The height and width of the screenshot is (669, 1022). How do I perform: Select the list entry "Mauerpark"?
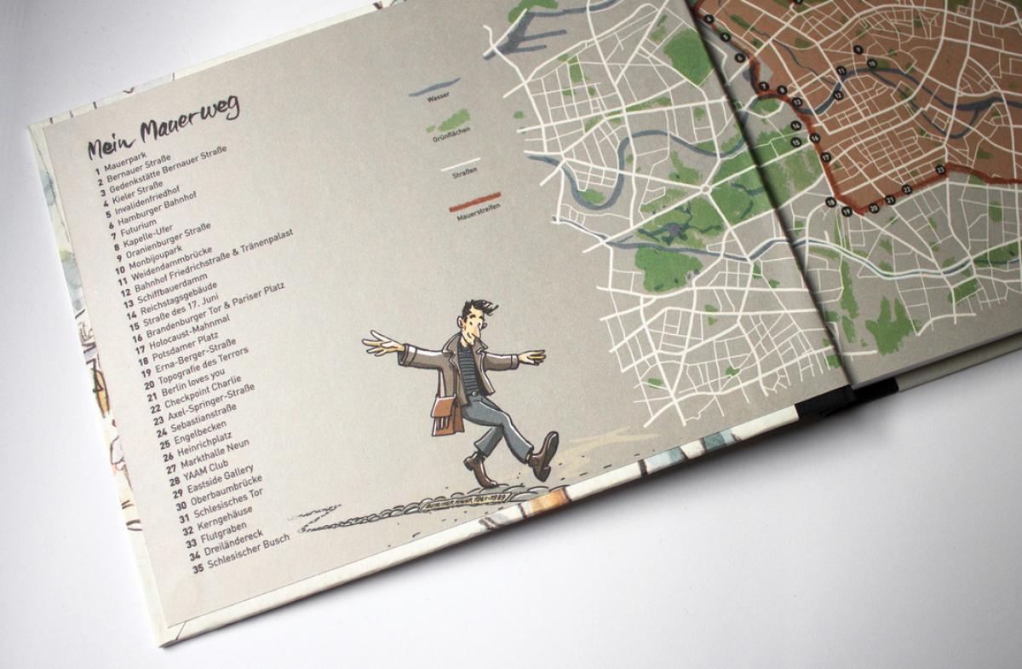[123, 159]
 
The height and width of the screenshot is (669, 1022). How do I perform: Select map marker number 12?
[839, 95]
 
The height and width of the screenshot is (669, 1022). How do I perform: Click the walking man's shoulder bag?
[445, 408]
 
